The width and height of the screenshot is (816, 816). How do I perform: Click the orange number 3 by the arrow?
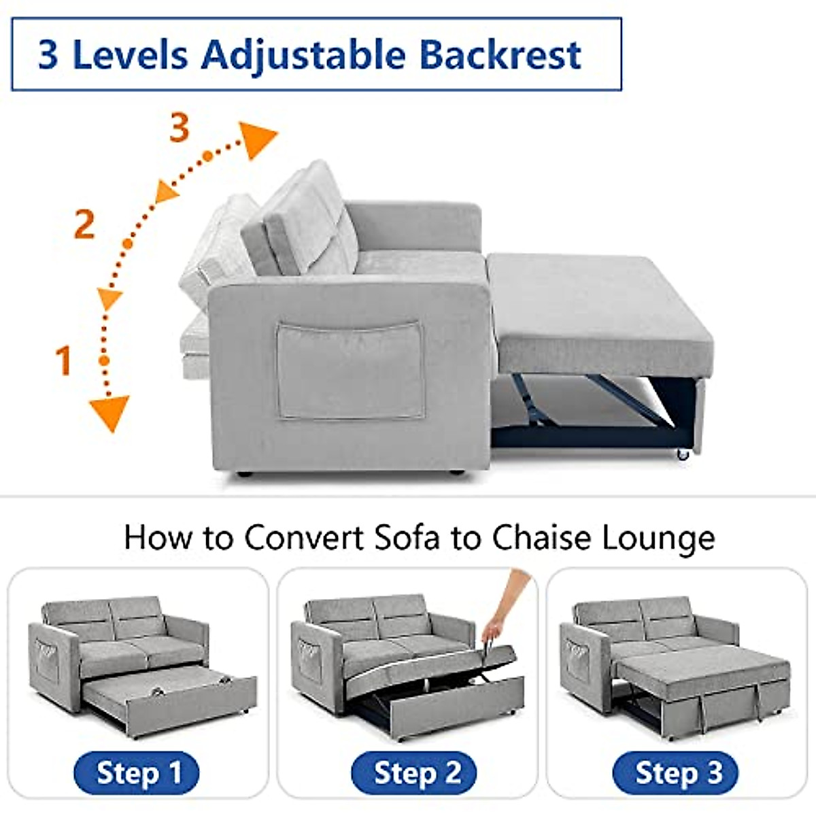click(x=179, y=128)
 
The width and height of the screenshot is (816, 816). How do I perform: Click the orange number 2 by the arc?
click(x=84, y=224)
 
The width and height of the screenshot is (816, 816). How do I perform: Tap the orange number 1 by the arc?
click(x=63, y=360)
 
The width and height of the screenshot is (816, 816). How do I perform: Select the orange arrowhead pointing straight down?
click(x=109, y=413)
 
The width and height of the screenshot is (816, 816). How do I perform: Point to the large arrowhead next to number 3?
click(x=258, y=139)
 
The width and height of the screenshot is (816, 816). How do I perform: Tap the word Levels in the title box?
click(x=130, y=55)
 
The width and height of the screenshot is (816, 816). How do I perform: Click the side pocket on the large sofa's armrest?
click(x=350, y=371)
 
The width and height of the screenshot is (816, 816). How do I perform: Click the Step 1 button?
click(x=137, y=773)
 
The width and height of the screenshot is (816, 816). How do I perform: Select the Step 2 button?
click(x=413, y=773)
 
